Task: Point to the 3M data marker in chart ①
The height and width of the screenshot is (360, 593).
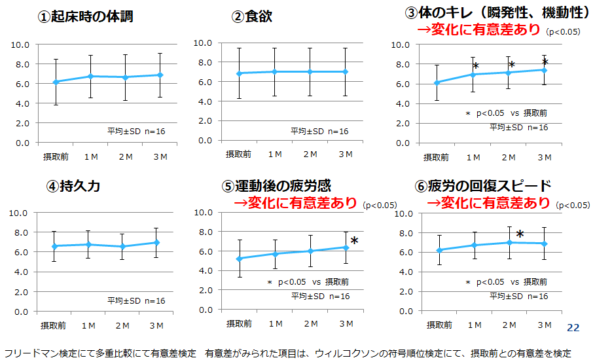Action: tap(160, 75)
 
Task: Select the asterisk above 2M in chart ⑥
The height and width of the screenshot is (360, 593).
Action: tap(520, 234)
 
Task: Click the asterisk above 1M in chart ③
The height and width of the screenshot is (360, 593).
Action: tap(476, 66)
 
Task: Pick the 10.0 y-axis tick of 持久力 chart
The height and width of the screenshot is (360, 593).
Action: tap(20, 213)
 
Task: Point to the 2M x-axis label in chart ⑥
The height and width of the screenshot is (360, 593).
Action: tap(509, 325)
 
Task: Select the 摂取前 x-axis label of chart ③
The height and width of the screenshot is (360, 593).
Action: tap(436, 157)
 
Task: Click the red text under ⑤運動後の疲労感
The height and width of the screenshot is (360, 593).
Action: tap(295, 203)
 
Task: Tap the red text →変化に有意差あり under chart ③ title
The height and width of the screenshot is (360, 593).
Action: tap(478, 30)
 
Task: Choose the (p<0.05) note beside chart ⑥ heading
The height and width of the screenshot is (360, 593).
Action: tap(573, 205)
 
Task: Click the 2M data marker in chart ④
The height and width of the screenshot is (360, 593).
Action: tap(123, 246)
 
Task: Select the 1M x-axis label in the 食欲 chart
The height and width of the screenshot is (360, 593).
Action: tap(274, 154)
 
